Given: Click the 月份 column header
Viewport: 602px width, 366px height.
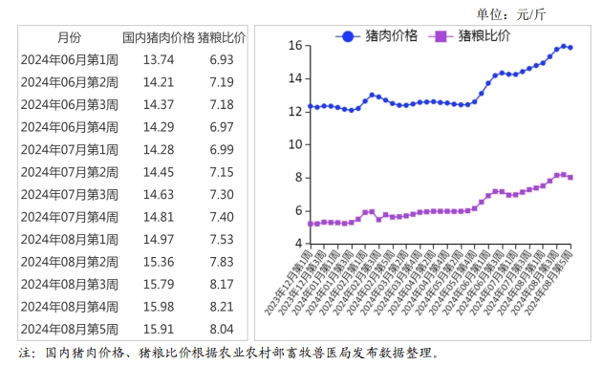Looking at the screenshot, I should pos(69,38).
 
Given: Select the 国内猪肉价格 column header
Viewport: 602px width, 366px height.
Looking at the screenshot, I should pos(158,38).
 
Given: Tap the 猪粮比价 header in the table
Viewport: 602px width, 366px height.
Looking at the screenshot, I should pos(222,38).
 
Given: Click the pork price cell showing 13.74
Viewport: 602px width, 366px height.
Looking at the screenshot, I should pos(158,60).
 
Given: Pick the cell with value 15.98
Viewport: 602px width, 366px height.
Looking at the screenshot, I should pos(158,306).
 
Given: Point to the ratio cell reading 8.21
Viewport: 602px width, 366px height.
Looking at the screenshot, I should pos(222,306).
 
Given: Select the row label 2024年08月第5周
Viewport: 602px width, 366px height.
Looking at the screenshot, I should pos(70,329).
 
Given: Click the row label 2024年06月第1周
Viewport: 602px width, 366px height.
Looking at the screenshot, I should pos(70,60).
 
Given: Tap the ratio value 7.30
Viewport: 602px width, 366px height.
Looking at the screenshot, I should pos(222,194).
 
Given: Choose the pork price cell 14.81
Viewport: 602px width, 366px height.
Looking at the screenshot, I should pos(158,217).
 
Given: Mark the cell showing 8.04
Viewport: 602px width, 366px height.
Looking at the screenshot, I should pos(222,329).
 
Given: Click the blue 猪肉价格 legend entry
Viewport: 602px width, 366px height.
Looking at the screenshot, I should pos(382,36).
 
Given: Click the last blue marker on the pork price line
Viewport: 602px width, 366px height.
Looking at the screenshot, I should pos(570,47).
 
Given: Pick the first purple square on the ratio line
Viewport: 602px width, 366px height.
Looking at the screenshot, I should pos(310,224).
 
